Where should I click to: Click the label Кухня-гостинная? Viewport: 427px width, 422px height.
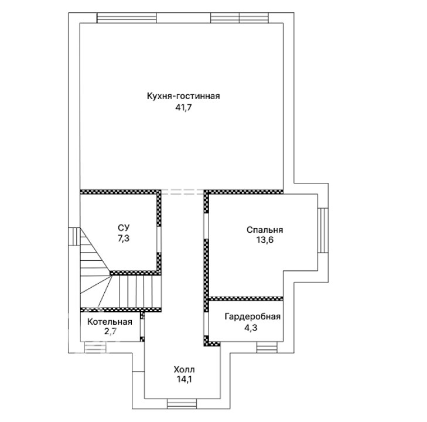click(x=183, y=96)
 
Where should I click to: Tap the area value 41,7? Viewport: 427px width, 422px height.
click(x=183, y=108)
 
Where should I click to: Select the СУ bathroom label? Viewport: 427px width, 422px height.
click(x=124, y=227)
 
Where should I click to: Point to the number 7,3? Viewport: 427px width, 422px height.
click(x=124, y=239)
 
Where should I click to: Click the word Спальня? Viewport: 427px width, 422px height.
click(x=265, y=230)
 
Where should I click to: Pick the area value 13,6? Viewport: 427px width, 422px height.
click(x=264, y=240)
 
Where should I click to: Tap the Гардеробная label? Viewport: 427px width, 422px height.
click(x=252, y=316)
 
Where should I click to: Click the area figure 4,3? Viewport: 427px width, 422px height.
click(x=250, y=328)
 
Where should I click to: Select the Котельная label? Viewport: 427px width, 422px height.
click(x=110, y=322)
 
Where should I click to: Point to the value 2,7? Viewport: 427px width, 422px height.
click(x=110, y=332)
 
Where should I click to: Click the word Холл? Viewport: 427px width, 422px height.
click(x=184, y=370)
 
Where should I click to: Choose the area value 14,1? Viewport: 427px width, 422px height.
click(x=185, y=379)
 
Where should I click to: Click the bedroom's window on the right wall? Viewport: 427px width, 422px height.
click(x=323, y=230)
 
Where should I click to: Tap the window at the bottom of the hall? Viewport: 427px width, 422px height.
click(x=182, y=403)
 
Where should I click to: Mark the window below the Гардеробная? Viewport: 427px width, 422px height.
click(x=267, y=348)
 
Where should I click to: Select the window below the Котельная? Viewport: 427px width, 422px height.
click(x=95, y=348)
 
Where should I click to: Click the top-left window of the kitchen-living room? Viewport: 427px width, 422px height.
click(x=127, y=18)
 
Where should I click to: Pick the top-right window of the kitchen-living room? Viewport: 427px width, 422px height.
click(x=240, y=18)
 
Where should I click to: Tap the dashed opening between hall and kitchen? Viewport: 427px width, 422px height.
click(x=183, y=192)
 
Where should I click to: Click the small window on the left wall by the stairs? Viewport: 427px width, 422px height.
click(x=74, y=237)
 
